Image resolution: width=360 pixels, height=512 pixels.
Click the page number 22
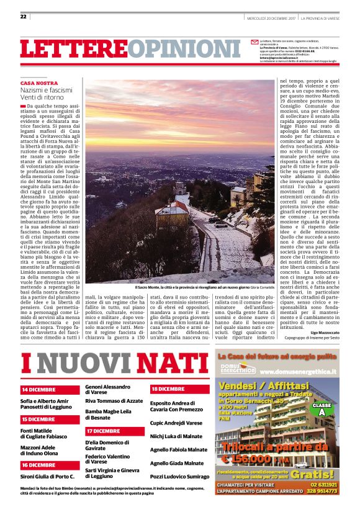point(24,16)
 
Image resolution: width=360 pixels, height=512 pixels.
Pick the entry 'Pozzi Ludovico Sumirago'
point(180,476)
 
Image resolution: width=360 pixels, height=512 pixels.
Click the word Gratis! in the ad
point(320,474)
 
